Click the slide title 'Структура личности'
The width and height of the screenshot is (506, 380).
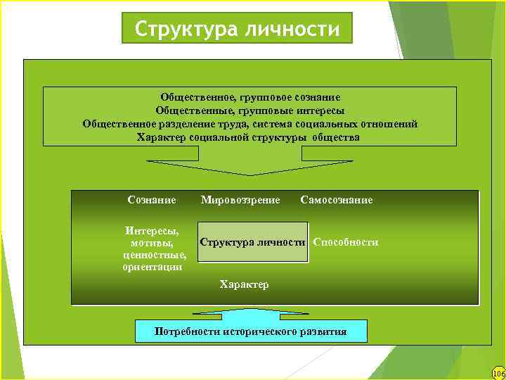237,30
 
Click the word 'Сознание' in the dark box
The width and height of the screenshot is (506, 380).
152,200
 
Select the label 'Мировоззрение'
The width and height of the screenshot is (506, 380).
240,200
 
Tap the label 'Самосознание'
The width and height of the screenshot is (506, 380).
336,200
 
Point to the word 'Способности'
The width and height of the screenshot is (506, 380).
346,242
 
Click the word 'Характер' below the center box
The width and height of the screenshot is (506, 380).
244,284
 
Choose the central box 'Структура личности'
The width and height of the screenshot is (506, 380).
253,242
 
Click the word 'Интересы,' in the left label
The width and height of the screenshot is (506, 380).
152,230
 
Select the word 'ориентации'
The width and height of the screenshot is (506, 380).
152,267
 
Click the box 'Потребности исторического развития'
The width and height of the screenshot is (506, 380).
251,331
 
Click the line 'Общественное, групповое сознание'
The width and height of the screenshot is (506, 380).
250,98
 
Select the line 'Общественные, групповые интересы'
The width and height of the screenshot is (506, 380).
250,111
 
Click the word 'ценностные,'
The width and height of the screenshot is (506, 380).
154,255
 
